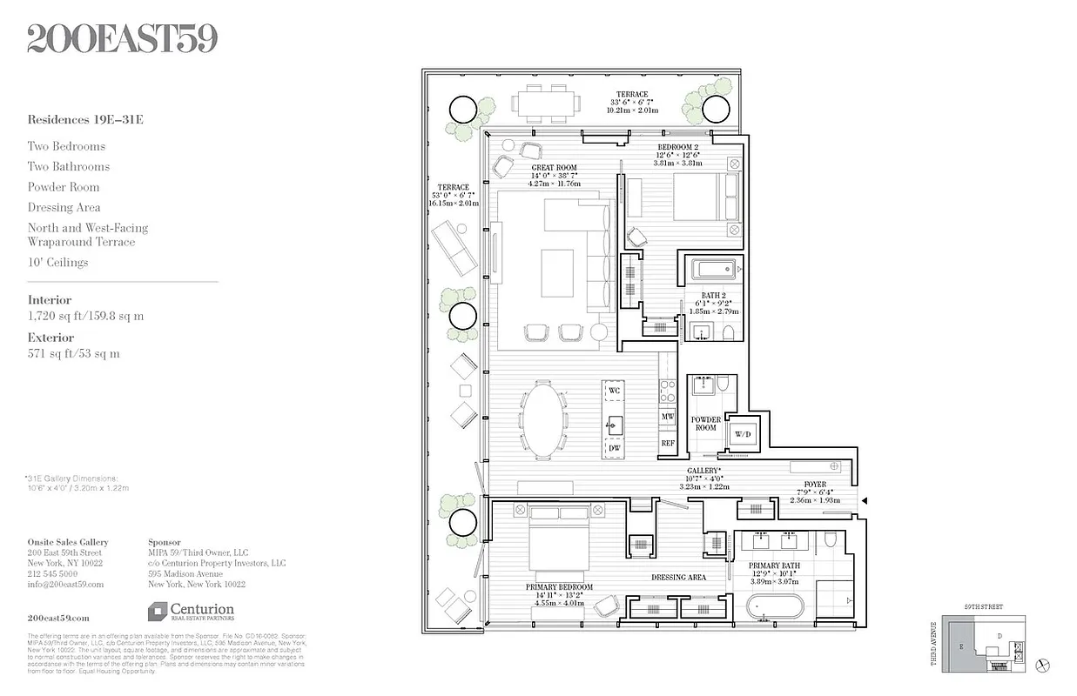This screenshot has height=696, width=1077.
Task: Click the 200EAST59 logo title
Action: [x=122, y=37]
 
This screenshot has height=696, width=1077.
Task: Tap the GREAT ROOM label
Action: [x=554, y=168]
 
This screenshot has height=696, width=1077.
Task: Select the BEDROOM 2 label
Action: [x=677, y=147]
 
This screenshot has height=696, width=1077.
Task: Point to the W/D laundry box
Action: [x=743, y=433]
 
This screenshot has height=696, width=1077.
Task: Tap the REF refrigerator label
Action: [x=668, y=443]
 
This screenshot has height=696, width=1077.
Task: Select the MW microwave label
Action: [x=668, y=418]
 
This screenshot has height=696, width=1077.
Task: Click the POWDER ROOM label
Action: [x=705, y=423]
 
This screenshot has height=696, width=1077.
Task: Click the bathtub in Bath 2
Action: [x=714, y=270]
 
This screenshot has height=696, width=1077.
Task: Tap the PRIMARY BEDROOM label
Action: [x=559, y=587]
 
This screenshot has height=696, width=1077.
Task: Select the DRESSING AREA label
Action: [x=678, y=577]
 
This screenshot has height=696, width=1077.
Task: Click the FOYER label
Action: [x=815, y=484]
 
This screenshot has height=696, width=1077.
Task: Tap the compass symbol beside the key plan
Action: [x=1045, y=666]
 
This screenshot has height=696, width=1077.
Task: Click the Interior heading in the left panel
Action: [x=50, y=300]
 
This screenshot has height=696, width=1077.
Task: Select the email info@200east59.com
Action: [x=65, y=585]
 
